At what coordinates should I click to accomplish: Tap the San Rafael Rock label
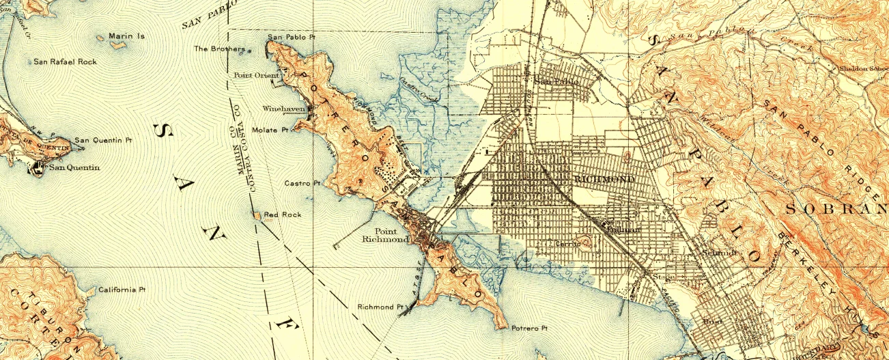pos(65,62)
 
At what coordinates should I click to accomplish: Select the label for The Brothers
pos(219,49)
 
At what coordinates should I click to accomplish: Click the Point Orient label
pos(252,75)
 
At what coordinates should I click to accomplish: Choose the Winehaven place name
pos(283,109)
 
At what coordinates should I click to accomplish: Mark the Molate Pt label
pos(270,129)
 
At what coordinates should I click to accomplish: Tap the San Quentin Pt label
pos(102,140)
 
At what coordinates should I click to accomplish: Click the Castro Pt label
pos(302,184)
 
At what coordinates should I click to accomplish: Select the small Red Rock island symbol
pos(257,215)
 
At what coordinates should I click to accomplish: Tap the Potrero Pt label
pos(530,329)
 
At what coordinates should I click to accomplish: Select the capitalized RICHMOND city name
pos(604,179)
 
